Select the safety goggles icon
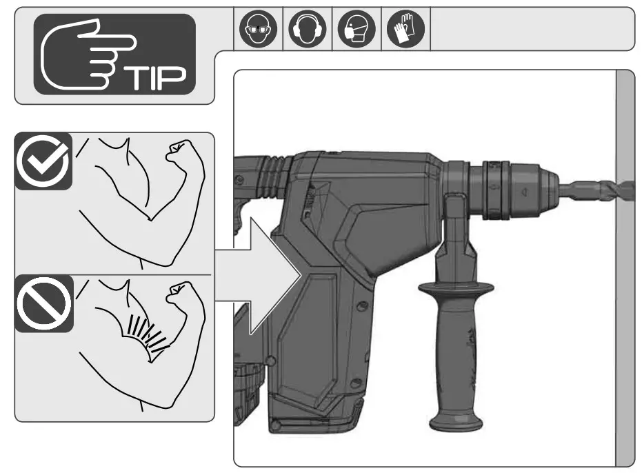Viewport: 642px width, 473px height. point(258,30)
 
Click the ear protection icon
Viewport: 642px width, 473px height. point(308,30)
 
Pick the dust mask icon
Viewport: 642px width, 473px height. point(357,30)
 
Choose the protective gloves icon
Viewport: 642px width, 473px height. point(405,30)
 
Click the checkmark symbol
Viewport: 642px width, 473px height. point(42,161)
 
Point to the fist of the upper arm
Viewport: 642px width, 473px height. point(179,150)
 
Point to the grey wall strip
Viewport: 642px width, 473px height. point(624,310)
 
